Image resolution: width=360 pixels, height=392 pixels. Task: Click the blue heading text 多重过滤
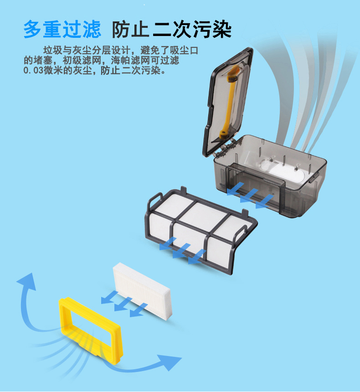click(62, 30)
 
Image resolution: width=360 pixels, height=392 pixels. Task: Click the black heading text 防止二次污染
click(172, 30)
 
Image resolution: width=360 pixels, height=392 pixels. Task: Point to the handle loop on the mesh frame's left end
click(153, 199)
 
